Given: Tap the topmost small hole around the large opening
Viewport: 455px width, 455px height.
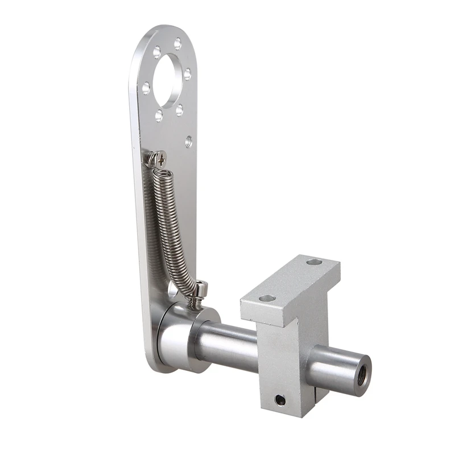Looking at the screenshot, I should [178, 43].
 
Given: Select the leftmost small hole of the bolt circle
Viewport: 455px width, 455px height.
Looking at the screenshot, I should [146, 88].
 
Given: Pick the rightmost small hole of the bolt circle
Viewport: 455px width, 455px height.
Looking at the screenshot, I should [187, 75].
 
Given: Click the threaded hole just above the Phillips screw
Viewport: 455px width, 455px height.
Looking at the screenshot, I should [188, 142].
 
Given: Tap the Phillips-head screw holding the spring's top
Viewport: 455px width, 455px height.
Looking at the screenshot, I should [160, 158].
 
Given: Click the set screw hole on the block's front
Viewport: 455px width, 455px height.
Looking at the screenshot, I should [280, 400].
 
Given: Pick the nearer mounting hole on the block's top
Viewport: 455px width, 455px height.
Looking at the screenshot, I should [267, 298].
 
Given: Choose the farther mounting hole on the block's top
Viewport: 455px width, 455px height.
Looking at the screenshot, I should [314, 262].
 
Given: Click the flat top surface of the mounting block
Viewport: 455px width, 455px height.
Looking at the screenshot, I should [290, 282].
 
